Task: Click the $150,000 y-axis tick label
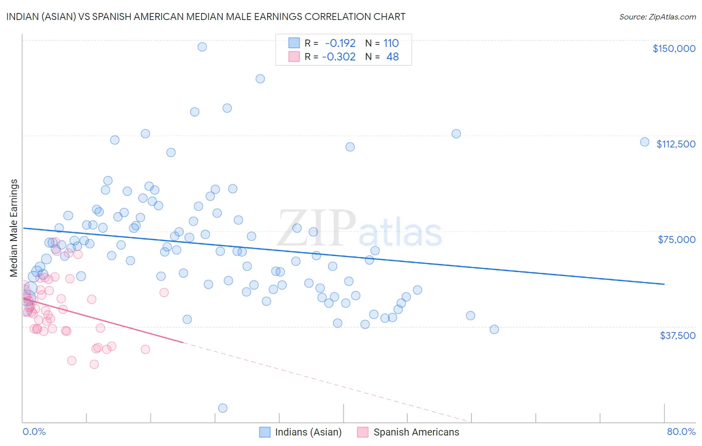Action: click(674, 48)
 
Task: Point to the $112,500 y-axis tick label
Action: click(676, 144)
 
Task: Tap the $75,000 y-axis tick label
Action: click(676, 239)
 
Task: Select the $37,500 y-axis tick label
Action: click(677, 335)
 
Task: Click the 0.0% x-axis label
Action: click(34, 431)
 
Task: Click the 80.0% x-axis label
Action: click(681, 431)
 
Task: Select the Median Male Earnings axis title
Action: click(14, 228)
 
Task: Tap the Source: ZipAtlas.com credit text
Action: click(657, 16)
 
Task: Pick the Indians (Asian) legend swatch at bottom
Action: click(265, 432)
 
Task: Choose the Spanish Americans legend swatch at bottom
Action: click(363, 432)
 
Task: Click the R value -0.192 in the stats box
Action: click(340, 43)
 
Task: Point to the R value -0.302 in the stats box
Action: click(339, 56)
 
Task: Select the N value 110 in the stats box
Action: click(391, 43)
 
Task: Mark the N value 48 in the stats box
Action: click(392, 56)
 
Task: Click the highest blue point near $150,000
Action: click(202, 46)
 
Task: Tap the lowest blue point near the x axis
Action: click(223, 408)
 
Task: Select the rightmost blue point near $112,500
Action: click(645, 142)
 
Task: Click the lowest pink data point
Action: click(94, 364)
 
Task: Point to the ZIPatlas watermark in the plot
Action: click(359, 229)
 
